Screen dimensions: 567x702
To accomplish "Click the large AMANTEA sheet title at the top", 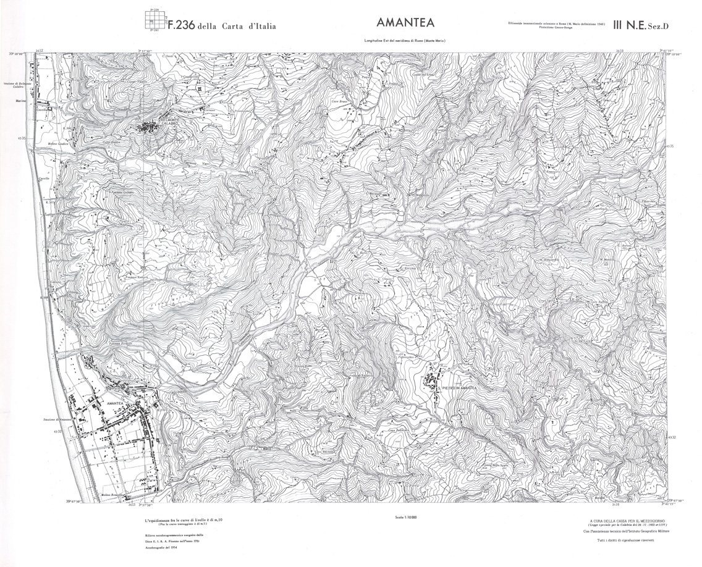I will pos(405,23).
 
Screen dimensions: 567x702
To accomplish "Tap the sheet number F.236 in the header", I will pos(182,25).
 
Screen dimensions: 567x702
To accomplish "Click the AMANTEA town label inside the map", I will pos(116,403).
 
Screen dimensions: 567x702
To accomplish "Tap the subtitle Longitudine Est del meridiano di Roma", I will pos(405,41).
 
